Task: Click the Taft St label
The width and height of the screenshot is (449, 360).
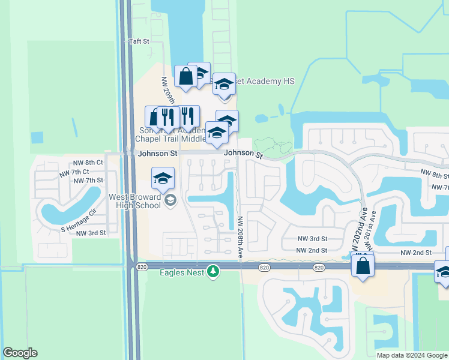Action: [138, 41]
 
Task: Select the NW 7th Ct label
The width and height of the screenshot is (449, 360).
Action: [73, 172]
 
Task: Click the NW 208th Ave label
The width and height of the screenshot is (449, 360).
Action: [240, 237]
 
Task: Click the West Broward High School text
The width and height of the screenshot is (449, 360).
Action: [135, 201]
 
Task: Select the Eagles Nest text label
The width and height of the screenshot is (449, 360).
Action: [182, 273]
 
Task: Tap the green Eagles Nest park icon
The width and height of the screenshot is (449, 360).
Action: [212, 272]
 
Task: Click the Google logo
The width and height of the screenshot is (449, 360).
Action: [20, 353]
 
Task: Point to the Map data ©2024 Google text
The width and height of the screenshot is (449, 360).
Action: [411, 355]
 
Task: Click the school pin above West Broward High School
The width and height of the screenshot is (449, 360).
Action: [163, 178]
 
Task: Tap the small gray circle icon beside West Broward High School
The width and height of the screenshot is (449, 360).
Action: [170, 200]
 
